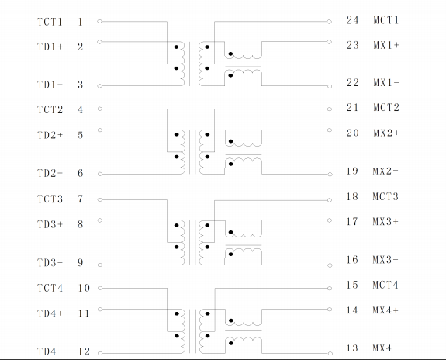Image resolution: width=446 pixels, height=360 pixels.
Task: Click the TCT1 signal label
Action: coord(50,22)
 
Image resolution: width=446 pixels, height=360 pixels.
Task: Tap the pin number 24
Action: coord(352,20)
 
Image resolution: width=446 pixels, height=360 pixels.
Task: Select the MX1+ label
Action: coord(386,45)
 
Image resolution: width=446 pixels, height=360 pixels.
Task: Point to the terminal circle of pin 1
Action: coord(99,22)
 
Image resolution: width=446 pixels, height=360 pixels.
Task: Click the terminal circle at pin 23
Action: coord(329,42)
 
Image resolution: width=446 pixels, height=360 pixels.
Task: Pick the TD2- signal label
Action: coord(50,173)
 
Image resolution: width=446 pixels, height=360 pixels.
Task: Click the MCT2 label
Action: coord(386,108)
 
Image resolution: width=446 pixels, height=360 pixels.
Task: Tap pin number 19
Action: coord(352,171)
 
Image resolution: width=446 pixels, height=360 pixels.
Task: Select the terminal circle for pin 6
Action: coord(100,174)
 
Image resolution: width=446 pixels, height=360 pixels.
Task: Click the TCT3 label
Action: coord(50,199)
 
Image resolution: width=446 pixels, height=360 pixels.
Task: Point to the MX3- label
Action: coord(385,260)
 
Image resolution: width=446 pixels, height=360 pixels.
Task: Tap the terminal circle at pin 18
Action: coord(330,200)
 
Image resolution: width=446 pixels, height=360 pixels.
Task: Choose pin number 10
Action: coord(84,289)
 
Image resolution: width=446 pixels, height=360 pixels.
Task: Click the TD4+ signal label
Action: coord(50,313)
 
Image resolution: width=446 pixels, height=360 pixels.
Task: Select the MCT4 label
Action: coord(385,285)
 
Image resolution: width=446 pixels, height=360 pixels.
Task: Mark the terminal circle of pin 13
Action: coord(330,354)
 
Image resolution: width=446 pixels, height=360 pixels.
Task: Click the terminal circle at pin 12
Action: coord(100,354)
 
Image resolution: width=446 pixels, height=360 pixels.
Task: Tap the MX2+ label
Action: coord(386,133)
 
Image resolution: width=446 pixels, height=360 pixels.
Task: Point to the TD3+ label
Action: coord(50,224)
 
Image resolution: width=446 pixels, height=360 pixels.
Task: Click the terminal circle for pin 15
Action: coord(330,289)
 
